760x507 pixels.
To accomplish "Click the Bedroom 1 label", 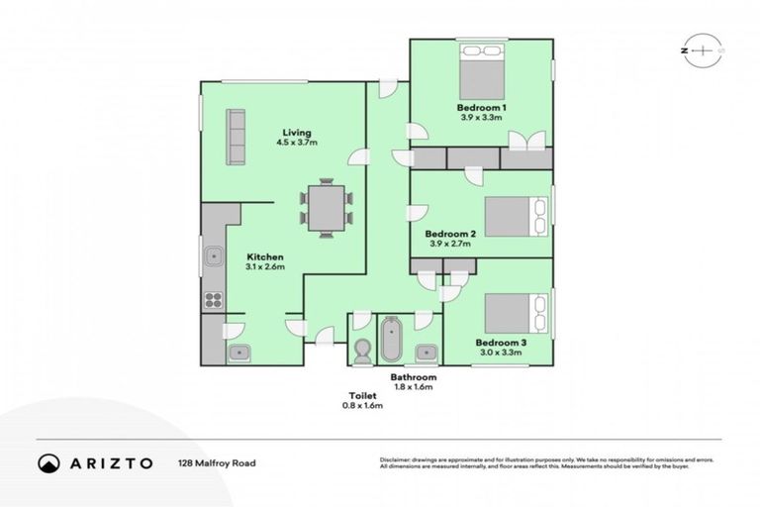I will [x=482, y=107].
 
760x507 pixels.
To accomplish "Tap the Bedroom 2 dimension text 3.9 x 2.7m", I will [x=451, y=244].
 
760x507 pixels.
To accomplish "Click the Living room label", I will [x=296, y=133].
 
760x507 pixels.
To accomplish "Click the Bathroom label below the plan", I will [x=413, y=377].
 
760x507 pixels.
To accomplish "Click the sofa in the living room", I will [x=237, y=137].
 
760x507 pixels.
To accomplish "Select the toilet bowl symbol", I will [x=362, y=350].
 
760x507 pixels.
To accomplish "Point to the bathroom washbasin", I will [x=427, y=352].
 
